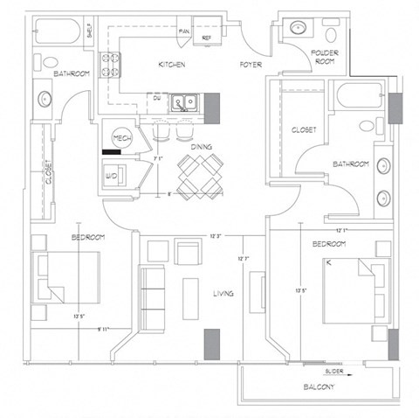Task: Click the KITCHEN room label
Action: tap(171, 66)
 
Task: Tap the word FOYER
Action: tap(251, 66)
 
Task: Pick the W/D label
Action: tap(113, 175)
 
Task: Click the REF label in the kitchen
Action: tap(207, 38)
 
